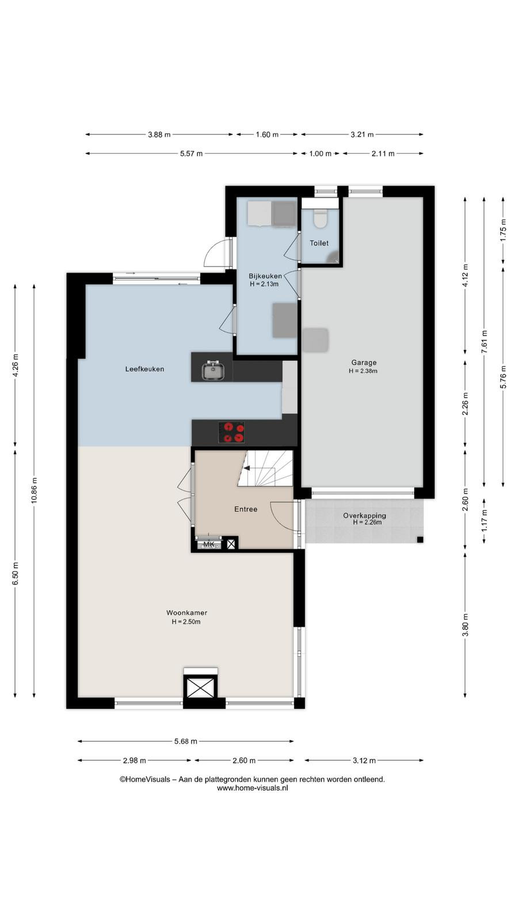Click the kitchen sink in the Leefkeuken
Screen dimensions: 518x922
213,369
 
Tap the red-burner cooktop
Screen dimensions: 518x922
231,433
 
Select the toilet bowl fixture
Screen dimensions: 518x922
320,218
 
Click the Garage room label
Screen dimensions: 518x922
364,362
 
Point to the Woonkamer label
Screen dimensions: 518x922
186,613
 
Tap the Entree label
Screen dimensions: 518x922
246,509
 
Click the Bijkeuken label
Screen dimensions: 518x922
265,276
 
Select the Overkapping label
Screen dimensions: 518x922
365,515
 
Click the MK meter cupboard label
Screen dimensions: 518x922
209,545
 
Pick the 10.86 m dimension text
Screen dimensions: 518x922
34,490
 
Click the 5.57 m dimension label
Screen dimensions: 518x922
191,154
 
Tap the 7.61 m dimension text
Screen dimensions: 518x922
484,342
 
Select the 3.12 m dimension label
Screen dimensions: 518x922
364,761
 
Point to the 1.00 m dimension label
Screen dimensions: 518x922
320,154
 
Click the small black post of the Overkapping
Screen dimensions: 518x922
420,540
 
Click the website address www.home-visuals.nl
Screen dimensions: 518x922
253,788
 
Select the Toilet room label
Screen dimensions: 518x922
319,243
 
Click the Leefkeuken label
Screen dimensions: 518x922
144,369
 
